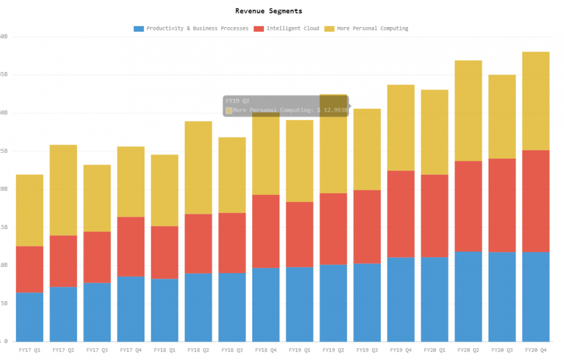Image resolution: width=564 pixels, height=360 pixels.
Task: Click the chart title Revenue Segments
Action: point(268,11)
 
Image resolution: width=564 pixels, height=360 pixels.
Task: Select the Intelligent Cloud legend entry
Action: point(292,28)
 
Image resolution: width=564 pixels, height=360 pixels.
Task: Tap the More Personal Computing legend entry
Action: point(372,28)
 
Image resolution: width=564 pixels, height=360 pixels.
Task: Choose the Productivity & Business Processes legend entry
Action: point(197,28)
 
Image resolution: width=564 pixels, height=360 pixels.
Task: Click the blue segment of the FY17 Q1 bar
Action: point(29,317)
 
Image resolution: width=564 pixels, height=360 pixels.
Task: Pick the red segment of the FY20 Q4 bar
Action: point(536,201)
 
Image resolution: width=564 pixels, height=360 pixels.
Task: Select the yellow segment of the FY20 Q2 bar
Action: point(468,111)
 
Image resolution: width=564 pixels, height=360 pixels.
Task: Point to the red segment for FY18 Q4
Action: point(266,231)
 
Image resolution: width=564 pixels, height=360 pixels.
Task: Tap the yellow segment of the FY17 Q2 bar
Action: point(63,190)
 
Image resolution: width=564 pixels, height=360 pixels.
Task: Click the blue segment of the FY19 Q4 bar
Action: point(401,299)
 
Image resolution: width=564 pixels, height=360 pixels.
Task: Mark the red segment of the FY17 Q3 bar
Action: point(97,257)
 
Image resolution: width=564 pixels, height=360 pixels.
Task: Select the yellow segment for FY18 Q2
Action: point(198,168)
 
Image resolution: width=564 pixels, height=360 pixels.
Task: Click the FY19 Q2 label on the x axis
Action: point(333,350)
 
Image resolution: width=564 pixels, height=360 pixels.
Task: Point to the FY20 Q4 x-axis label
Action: point(536,350)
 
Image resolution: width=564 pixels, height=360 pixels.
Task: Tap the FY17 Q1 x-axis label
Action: point(29,350)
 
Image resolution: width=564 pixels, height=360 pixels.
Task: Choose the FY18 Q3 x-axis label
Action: point(232,350)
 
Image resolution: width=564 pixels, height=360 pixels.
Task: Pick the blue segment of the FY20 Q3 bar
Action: point(502,296)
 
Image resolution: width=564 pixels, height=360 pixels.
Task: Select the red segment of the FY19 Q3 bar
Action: point(367,227)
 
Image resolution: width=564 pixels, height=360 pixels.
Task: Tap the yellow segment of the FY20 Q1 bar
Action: point(434,132)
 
